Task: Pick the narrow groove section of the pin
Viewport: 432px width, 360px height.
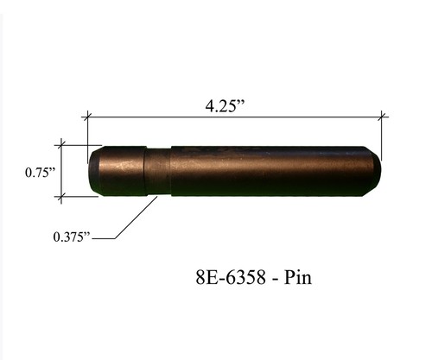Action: click(156, 173)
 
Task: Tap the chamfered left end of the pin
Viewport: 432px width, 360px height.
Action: click(93, 171)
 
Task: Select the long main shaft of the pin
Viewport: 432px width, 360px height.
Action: click(268, 171)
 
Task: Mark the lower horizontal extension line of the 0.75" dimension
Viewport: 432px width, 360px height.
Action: click(78, 197)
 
